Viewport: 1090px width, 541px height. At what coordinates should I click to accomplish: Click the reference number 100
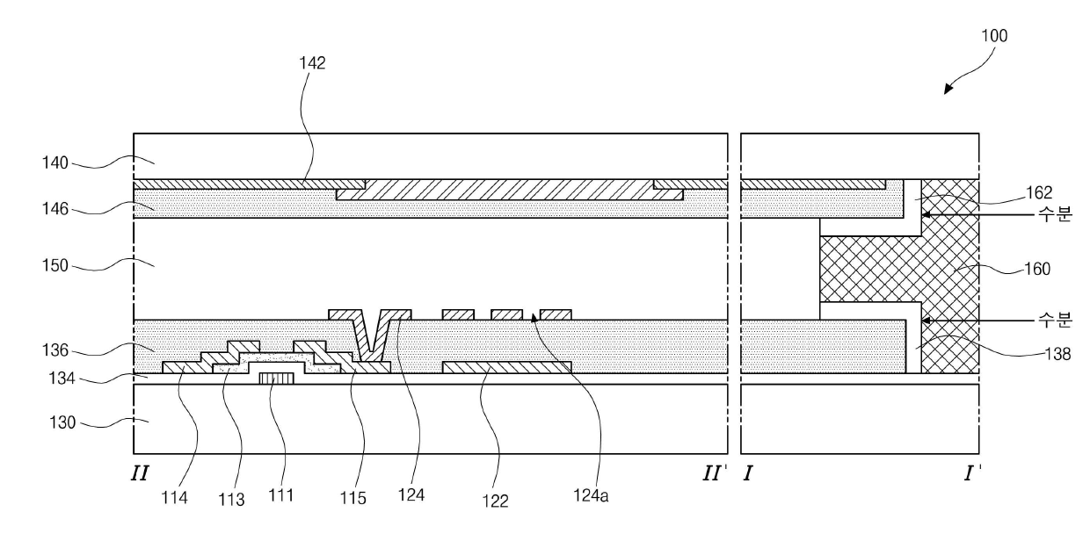click(995, 36)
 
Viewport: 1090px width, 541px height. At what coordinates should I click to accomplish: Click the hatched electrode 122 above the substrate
click(507, 367)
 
